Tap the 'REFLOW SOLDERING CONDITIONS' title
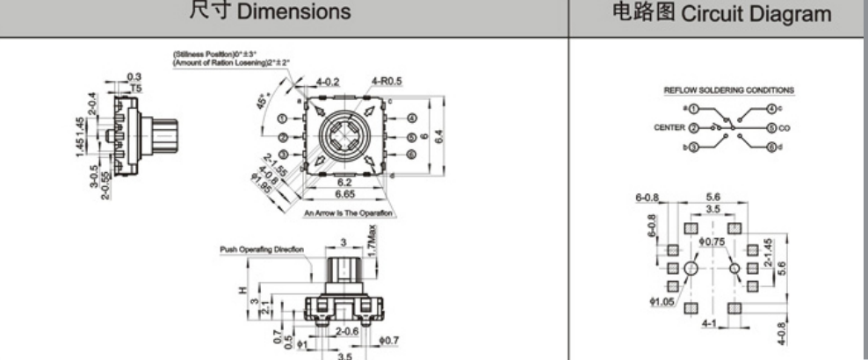728,90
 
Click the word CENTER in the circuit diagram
669,128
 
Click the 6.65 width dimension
344,194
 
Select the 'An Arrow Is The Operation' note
348,213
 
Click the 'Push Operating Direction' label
261,249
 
